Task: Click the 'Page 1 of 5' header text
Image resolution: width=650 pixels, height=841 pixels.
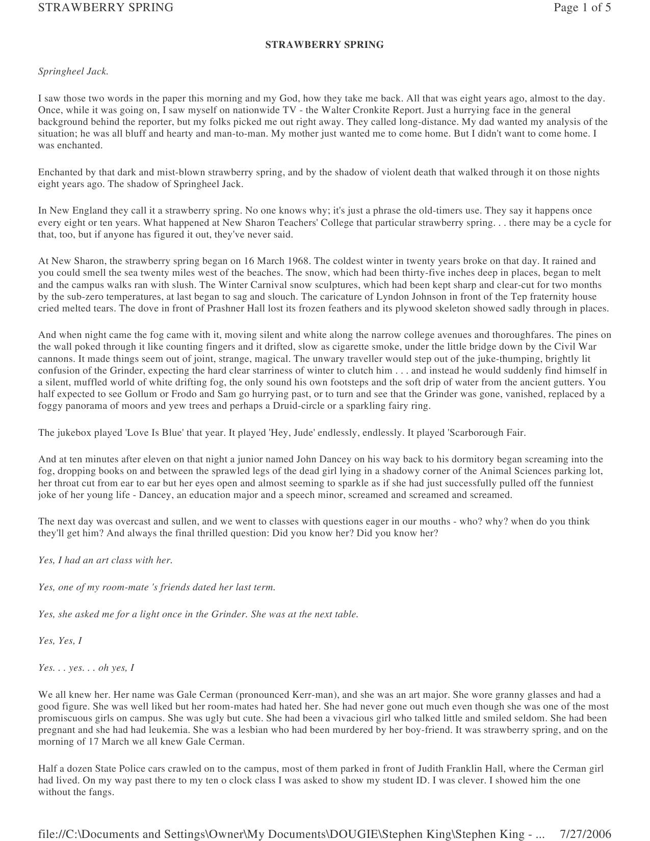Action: [x=582, y=8]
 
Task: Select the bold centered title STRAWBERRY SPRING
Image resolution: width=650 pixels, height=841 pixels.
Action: [x=324, y=45]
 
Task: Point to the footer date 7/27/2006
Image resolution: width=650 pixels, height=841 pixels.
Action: [x=585, y=834]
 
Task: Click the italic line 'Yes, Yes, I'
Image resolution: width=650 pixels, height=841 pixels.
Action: [x=60, y=641]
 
